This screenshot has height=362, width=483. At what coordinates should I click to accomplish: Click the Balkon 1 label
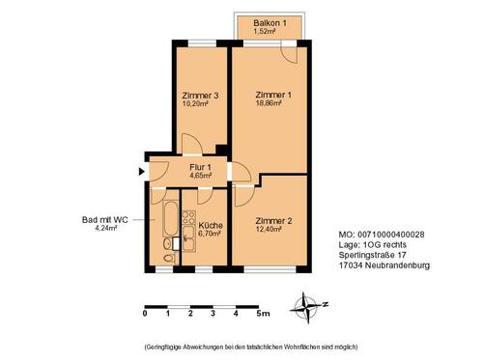pyautogui.click(x=269, y=22)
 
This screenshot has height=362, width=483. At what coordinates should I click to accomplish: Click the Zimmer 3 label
pyautogui.click(x=200, y=95)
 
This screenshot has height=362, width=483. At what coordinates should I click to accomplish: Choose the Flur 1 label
pyautogui.click(x=200, y=167)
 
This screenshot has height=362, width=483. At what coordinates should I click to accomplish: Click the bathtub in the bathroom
pyautogui.click(x=170, y=221)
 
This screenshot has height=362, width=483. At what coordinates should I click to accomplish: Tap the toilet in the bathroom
pyautogui.click(x=169, y=257)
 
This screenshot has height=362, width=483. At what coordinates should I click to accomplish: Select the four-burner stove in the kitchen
pyautogui.click(x=189, y=220)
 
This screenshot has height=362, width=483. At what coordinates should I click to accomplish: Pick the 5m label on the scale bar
pyautogui.click(x=263, y=314)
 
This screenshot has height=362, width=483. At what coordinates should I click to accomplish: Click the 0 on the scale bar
pyautogui.click(x=145, y=314)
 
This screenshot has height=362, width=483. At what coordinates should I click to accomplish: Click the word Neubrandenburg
pyautogui.click(x=396, y=266)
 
